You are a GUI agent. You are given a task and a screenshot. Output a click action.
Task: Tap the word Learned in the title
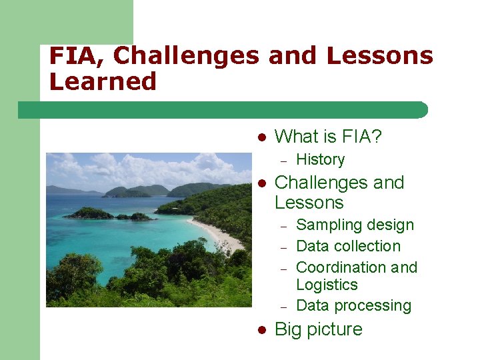pos(103,81)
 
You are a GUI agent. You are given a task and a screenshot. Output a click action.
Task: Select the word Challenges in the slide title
pos(186,56)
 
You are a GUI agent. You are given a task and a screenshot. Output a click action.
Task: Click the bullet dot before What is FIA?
pos(263,137)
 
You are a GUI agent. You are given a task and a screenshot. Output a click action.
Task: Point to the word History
pos(320,160)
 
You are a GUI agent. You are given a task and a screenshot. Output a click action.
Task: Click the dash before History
pos(283,161)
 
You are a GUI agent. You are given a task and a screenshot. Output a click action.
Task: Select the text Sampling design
pos(355,225)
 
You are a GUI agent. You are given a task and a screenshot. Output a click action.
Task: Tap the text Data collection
pos(348,246)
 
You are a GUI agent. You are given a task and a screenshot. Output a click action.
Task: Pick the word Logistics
pos(327,285)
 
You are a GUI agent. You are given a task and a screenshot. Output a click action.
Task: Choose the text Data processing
pos(353,305)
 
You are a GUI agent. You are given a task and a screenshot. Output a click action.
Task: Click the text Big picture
pos(319,329)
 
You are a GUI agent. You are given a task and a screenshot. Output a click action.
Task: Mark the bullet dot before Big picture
pos(263,330)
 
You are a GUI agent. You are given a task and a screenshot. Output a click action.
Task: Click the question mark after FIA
pos(377,137)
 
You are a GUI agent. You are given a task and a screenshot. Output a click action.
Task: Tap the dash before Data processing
pos(283,307)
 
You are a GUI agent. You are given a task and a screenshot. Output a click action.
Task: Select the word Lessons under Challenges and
pos(309,203)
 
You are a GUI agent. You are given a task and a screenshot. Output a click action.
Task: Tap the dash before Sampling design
pos(283,227)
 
